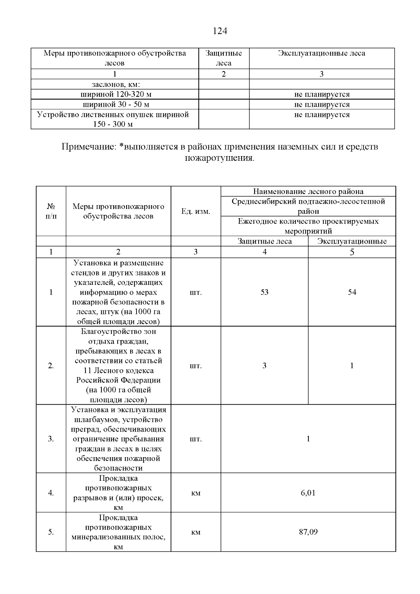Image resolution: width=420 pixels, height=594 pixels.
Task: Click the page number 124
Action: (x=220, y=31)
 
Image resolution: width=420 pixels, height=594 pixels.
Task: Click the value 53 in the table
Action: (x=264, y=292)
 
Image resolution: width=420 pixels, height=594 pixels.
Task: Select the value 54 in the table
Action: (x=352, y=292)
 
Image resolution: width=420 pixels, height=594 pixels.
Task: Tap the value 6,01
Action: (x=308, y=493)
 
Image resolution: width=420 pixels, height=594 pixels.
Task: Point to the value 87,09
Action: (x=308, y=532)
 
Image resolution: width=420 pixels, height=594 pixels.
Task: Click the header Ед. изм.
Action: (x=196, y=211)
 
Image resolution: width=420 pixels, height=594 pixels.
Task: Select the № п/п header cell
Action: (x=51, y=211)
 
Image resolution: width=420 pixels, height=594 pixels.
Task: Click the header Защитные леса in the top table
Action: (x=224, y=58)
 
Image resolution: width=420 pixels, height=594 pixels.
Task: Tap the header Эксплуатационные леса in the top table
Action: (x=322, y=53)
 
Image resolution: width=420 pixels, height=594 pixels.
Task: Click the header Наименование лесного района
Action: (x=308, y=191)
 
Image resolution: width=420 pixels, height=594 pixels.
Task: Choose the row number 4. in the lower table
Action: (x=51, y=493)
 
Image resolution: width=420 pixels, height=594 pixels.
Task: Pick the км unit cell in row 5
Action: (x=196, y=532)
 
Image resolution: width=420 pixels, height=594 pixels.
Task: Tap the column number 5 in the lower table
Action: (x=352, y=252)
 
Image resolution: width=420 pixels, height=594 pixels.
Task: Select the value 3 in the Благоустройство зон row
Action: (x=264, y=366)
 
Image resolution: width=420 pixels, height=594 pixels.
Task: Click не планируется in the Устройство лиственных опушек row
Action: (x=322, y=115)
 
